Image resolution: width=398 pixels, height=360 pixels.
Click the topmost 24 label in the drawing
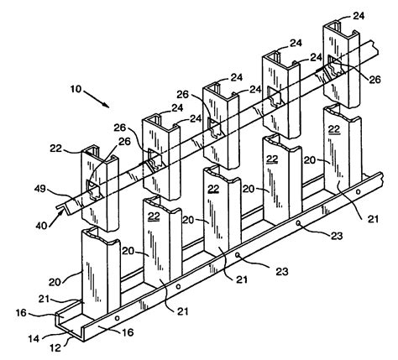[x=358, y=14]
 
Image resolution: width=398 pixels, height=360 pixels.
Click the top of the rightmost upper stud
[x=339, y=27]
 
